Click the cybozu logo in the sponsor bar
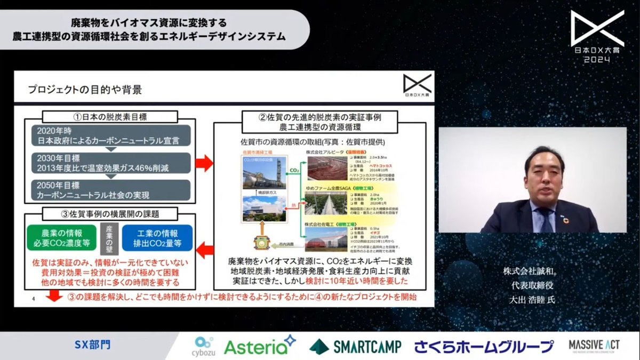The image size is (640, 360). pyautogui.click(x=204, y=346)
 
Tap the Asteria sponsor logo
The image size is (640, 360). pyautogui.click(x=260, y=345)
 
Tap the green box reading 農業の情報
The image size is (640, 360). pyautogui.click(x=60, y=238)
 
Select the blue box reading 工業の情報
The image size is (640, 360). pyautogui.click(x=157, y=238)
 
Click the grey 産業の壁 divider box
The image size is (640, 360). pyautogui.click(x=109, y=238)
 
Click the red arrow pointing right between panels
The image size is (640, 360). pyautogui.click(x=203, y=164)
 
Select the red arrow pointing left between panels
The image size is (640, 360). pyautogui.click(x=203, y=247)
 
